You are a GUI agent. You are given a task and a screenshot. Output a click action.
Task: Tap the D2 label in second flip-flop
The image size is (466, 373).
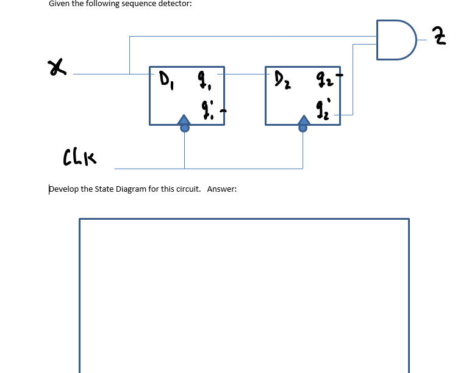281,79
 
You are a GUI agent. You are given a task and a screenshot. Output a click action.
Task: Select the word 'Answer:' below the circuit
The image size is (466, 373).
221,189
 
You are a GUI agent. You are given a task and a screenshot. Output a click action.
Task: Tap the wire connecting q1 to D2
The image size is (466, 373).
244,74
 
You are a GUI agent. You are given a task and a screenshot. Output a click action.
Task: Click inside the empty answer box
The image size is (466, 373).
244,293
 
